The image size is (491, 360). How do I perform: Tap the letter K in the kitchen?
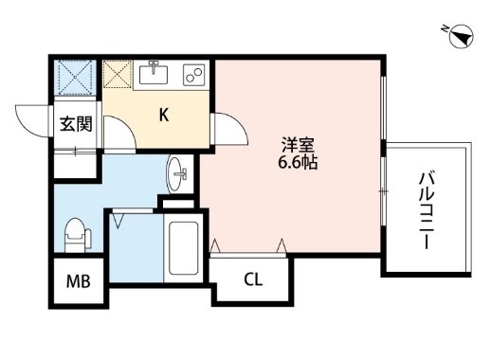[163, 116]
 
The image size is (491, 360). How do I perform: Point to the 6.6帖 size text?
[298, 163]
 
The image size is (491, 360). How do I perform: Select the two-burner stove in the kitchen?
[194, 74]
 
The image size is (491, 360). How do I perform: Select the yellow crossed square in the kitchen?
[119, 74]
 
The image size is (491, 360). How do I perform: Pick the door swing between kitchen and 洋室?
[226, 128]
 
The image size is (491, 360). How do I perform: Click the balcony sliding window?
[382, 142]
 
